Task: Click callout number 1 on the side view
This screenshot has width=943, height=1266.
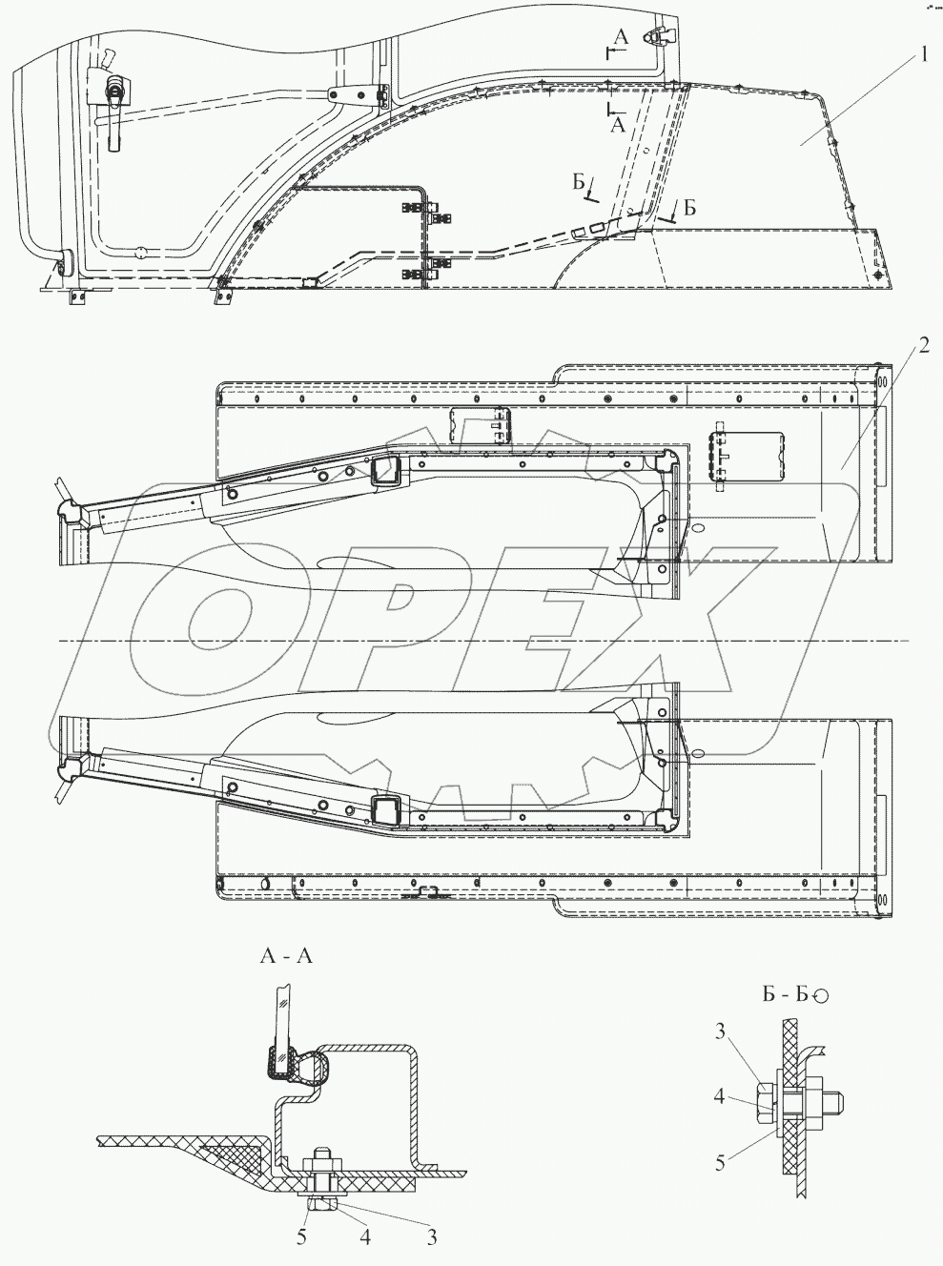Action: (x=922, y=56)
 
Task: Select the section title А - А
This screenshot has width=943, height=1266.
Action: (x=286, y=955)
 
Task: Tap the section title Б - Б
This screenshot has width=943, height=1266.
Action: (x=785, y=995)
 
